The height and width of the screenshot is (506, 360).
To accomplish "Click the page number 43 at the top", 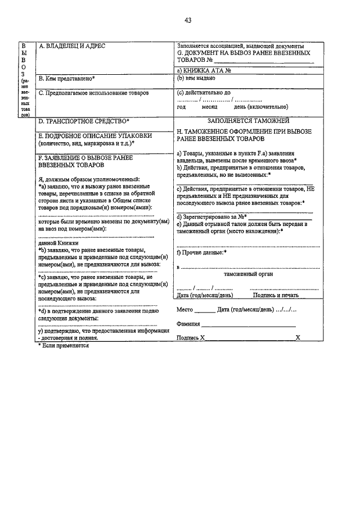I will coord(188,21).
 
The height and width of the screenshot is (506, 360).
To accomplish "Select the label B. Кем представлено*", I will coord(66,78).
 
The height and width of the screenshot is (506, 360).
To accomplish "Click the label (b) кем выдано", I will coord(197,79).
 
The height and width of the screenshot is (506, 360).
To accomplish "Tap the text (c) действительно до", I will coord(204,93).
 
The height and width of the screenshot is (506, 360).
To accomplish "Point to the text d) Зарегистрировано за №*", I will coord(211,216).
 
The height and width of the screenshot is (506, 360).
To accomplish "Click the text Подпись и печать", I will coord(276,295).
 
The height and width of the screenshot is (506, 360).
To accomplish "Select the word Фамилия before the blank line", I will coord(188,324).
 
